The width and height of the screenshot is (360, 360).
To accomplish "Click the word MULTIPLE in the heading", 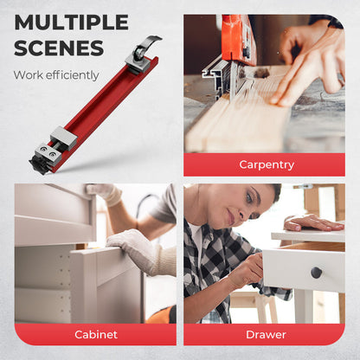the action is click(x=71, y=22).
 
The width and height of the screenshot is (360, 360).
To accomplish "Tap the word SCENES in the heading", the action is click(x=59, y=48).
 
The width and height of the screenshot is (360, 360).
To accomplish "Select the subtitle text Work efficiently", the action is click(x=56, y=75).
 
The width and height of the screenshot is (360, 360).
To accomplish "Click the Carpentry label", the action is click(x=267, y=164).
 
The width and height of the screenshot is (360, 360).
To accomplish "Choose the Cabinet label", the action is click(x=96, y=335).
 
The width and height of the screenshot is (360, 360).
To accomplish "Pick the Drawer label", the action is click(x=266, y=335).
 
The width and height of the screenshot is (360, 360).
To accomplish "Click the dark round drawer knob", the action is click(x=316, y=273).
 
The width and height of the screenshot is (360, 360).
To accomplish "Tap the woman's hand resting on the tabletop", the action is click(x=312, y=223).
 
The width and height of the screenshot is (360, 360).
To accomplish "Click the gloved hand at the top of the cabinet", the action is click(x=104, y=194).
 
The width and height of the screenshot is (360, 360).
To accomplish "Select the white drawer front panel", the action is click(x=304, y=270).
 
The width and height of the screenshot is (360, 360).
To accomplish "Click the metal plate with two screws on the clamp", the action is click(x=47, y=151).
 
